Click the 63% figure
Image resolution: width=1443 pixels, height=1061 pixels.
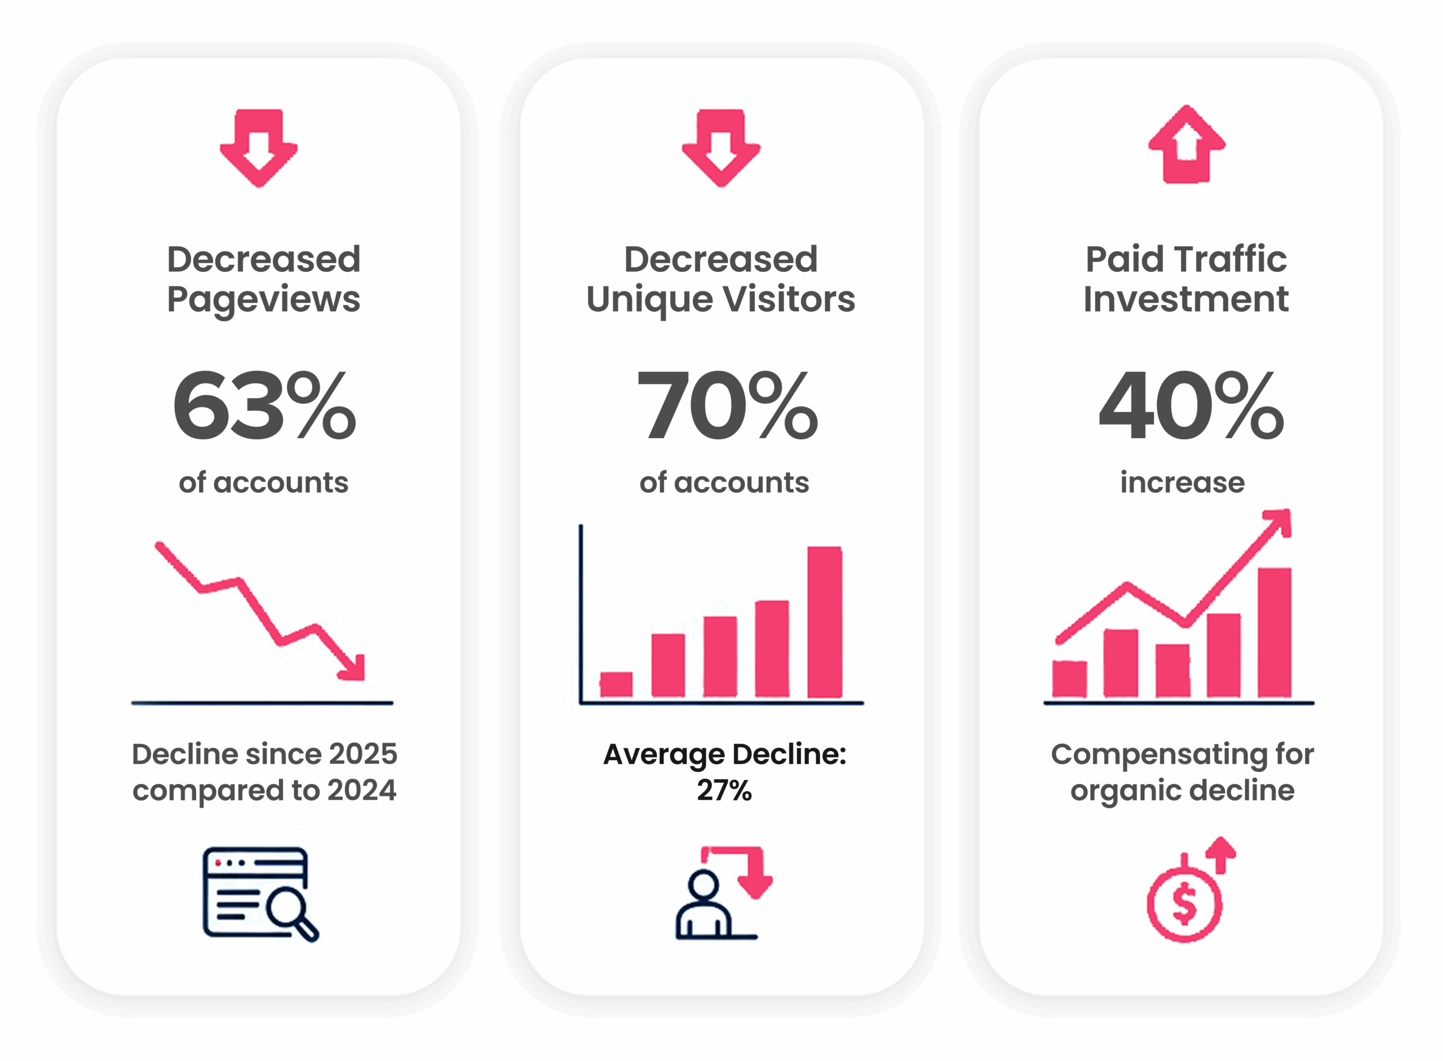(263, 406)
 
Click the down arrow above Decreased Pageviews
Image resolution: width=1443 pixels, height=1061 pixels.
(259, 147)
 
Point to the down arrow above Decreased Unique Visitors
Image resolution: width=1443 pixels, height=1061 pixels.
(720, 147)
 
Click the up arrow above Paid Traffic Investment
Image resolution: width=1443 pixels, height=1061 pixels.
(1186, 144)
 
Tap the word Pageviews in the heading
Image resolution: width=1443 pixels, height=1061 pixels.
(263, 299)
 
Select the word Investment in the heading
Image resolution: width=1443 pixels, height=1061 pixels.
(1185, 299)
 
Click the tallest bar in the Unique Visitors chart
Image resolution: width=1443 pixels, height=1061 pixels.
(824, 621)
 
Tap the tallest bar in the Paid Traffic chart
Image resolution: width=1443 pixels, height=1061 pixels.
(1274, 632)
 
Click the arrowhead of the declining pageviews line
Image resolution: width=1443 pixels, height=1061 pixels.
(355, 669)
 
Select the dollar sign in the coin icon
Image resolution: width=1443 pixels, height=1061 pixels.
(1184, 904)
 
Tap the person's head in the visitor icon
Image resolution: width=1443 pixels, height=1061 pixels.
(705, 885)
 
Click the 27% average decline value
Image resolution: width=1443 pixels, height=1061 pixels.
(724, 790)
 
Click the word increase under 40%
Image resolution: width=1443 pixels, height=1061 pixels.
(1182, 483)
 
